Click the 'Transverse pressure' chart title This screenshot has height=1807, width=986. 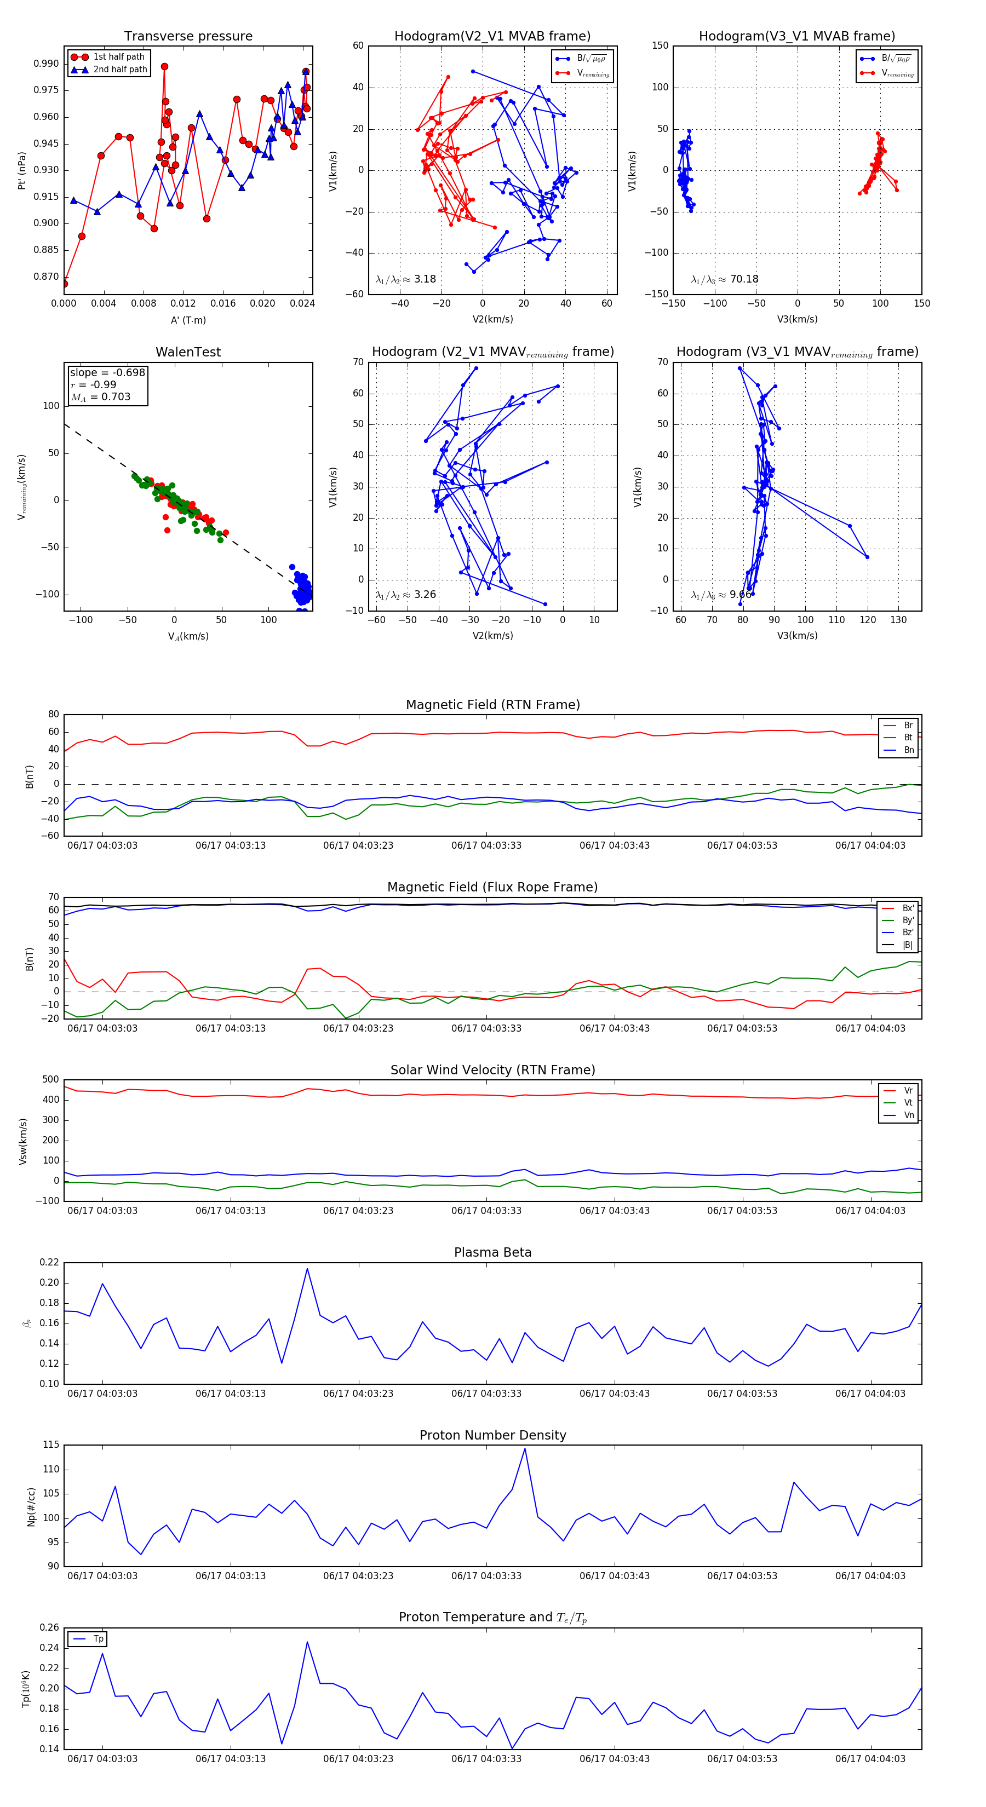tap(188, 37)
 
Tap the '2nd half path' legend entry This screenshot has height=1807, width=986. tap(120, 70)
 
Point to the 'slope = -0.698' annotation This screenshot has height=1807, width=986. tap(107, 372)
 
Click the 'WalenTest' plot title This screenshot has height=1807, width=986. tap(188, 352)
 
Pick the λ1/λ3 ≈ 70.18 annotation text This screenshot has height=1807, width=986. tap(724, 279)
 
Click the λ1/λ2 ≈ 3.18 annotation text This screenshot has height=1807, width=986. tap(405, 279)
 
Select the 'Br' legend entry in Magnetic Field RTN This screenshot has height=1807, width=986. tap(908, 726)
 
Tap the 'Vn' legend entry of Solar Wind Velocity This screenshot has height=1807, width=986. tap(908, 1115)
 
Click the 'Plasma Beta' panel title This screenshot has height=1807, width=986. tap(492, 1253)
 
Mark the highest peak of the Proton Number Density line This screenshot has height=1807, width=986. tap(524, 1449)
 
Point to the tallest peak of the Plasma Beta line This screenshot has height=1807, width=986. tap(307, 1268)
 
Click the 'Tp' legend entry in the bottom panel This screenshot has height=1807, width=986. tap(98, 1639)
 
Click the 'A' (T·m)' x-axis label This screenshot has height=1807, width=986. tap(188, 320)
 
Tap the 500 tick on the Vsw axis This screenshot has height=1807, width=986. tap(50, 1080)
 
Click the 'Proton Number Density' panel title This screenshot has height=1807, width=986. tap(492, 1435)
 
